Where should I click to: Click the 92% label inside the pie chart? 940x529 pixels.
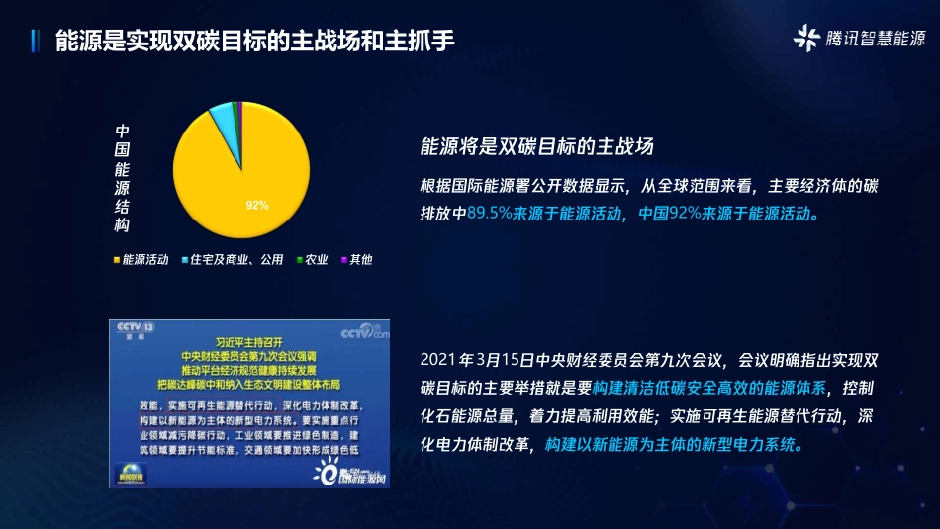click(257, 205)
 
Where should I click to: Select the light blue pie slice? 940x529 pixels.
click(225, 124)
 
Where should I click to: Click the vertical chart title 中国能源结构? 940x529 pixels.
click(123, 179)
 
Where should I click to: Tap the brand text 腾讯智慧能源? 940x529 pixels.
click(875, 40)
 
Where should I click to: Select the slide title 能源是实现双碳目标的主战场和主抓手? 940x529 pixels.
click(255, 40)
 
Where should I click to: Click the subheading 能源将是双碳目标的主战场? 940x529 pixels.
click(537, 147)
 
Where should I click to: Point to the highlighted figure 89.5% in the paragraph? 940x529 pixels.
click(489, 213)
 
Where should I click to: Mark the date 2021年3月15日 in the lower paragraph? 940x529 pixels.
click(477, 358)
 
